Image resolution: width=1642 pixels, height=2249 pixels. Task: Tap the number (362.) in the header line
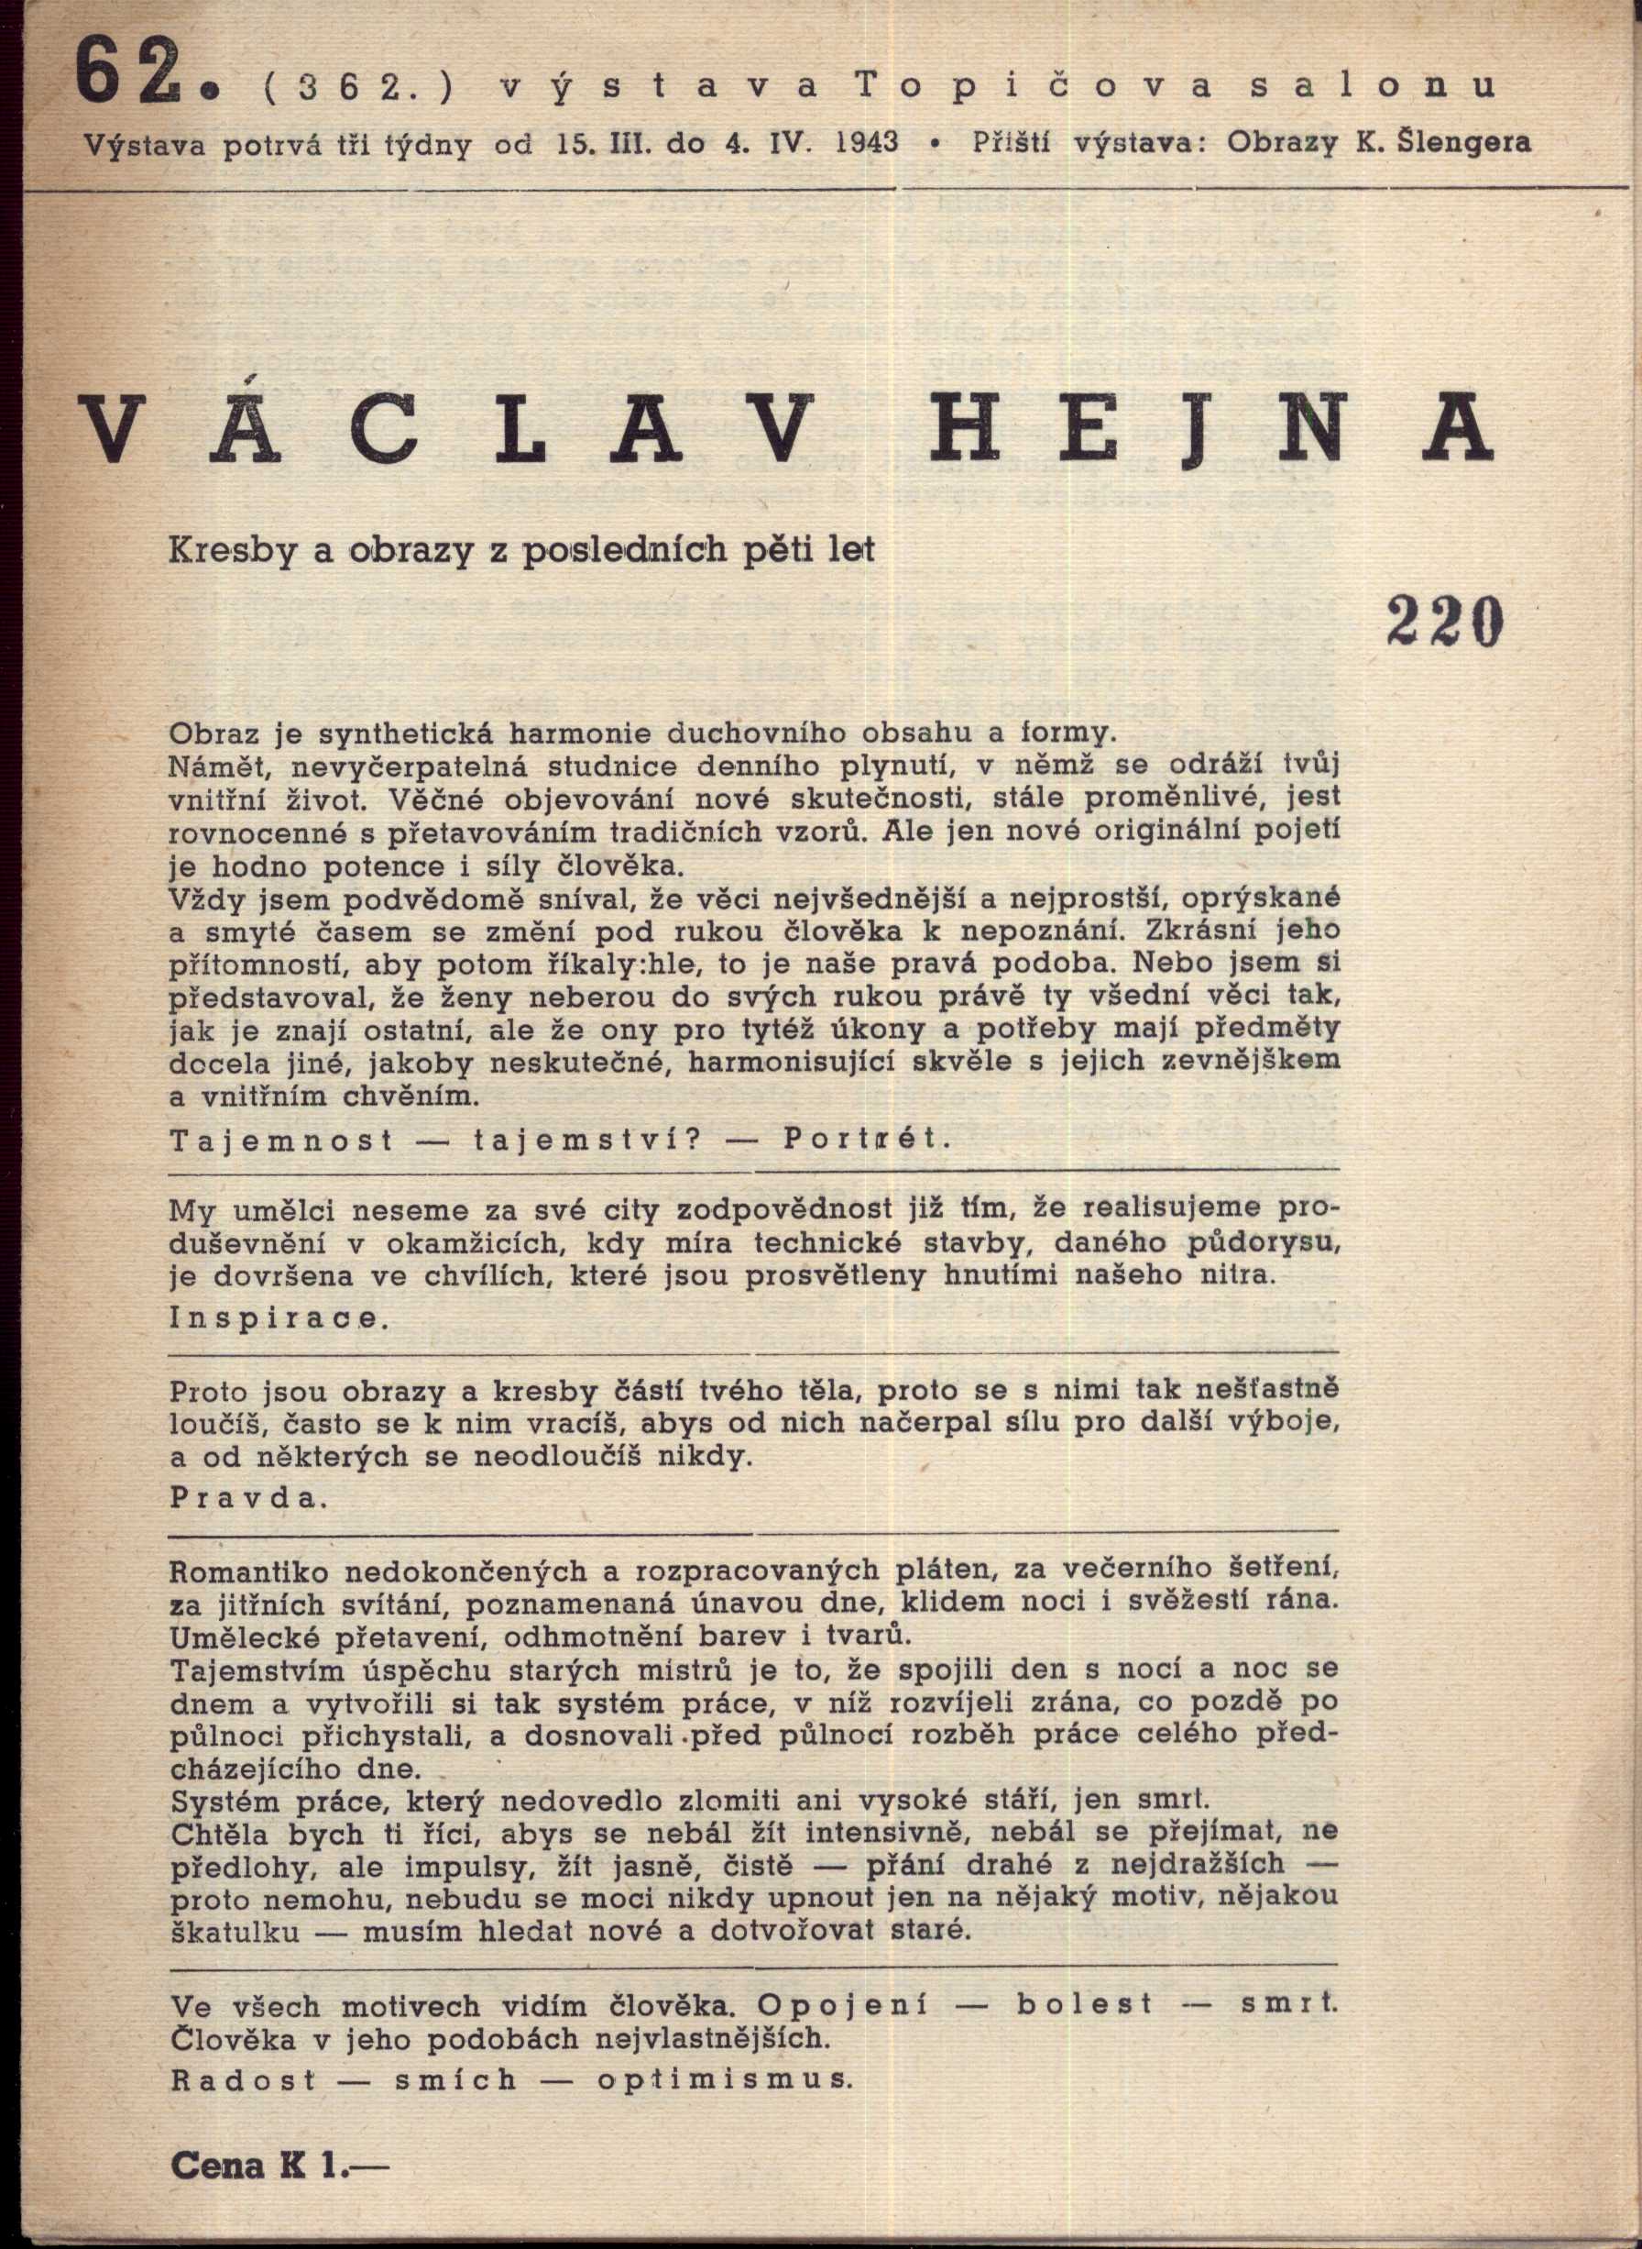click(x=358, y=86)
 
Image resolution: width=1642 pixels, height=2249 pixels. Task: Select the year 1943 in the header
click(x=867, y=142)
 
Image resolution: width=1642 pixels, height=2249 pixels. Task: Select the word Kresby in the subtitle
click(x=235, y=551)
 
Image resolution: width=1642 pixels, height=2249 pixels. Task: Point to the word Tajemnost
click(x=282, y=1140)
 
